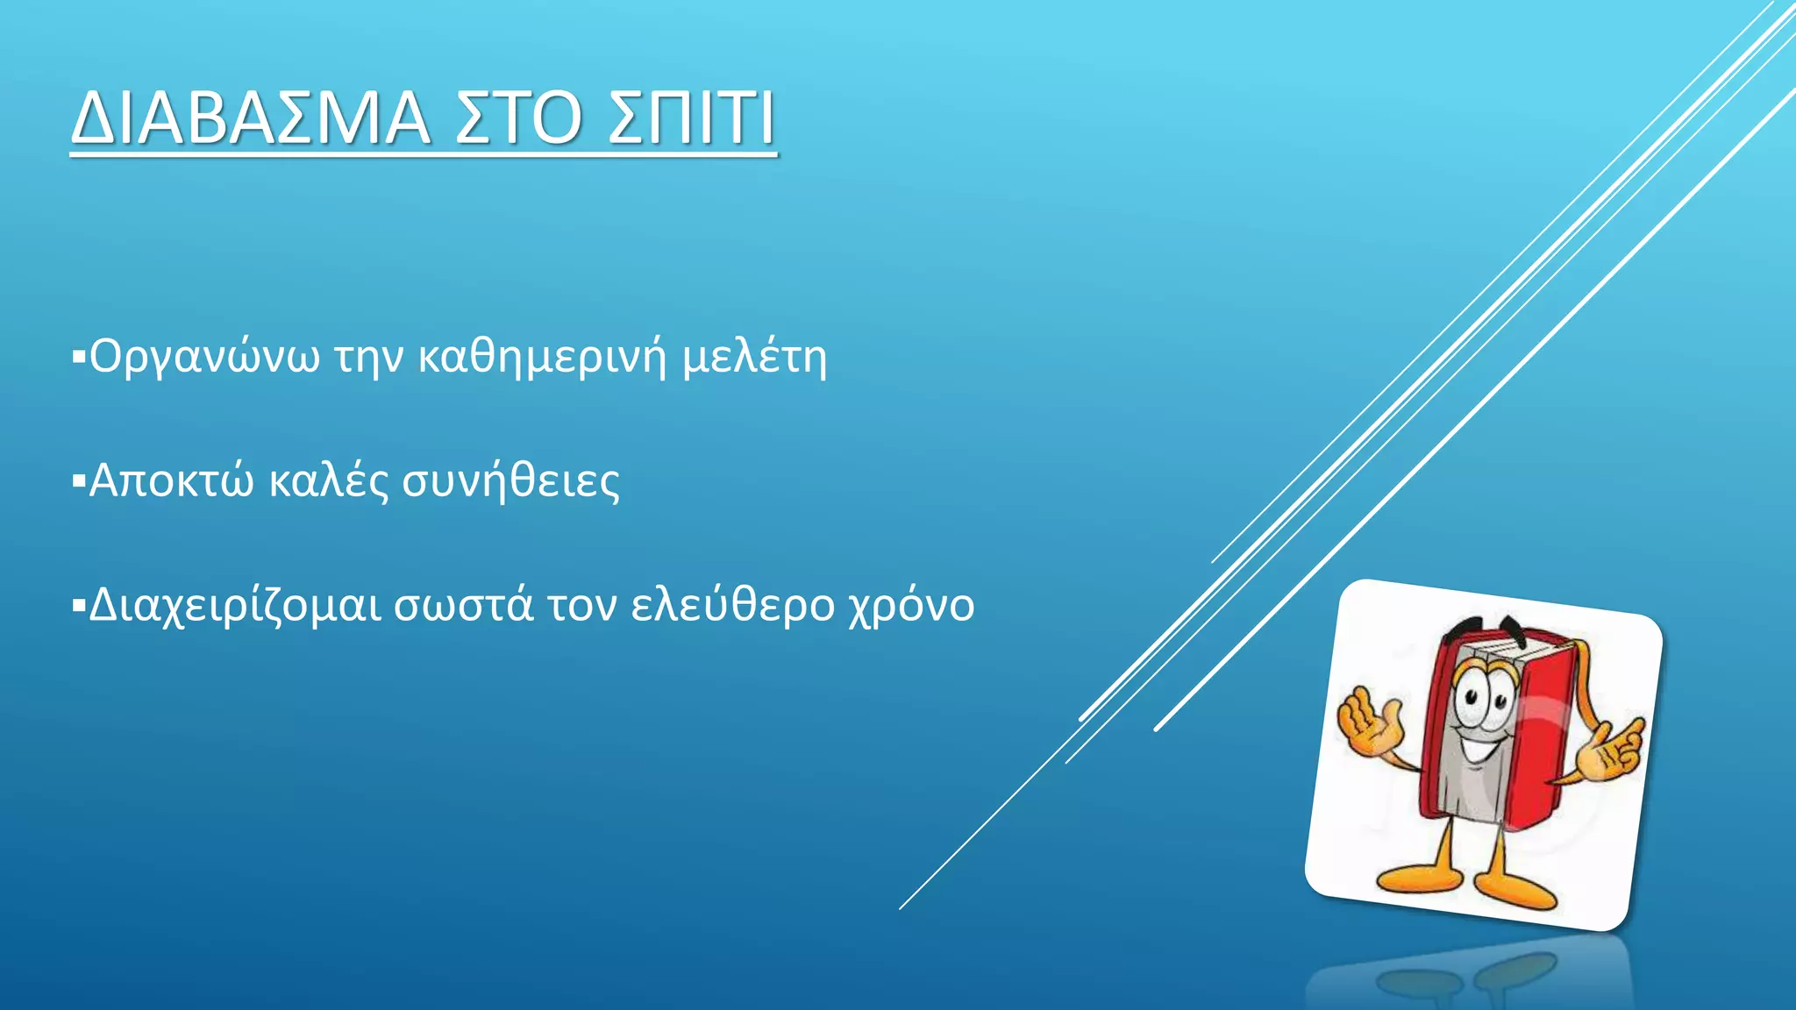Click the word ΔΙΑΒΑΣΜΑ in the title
pyautogui.click(x=251, y=117)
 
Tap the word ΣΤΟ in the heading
pyautogui.click(x=518, y=117)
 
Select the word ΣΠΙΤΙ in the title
pyautogui.click(x=692, y=117)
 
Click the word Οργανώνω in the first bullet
pyautogui.click(x=204, y=357)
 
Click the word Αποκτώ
pyautogui.click(x=171, y=480)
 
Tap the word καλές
pyautogui.click(x=329, y=480)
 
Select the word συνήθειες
pyautogui.click(x=510, y=480)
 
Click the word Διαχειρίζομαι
pyautogui.click(x=235, y=605)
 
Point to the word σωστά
pyautogui.click(x=463, y=605)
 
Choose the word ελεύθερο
pyautogui.click(x=732, y=605)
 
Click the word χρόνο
pyautogui.click(x=911, y=605)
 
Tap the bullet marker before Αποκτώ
pyautogui.click(x=78, y=480)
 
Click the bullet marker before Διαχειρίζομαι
pyautogui.click(x=78, y=605)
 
